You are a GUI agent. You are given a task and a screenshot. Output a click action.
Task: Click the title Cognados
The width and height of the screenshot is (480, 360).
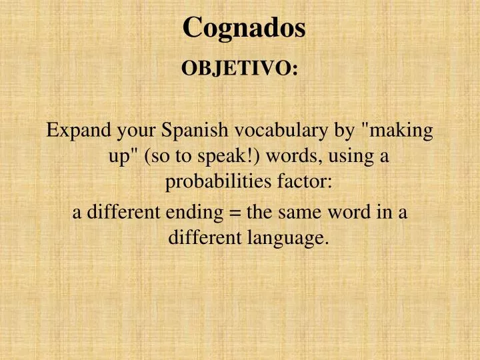tap(244, 28)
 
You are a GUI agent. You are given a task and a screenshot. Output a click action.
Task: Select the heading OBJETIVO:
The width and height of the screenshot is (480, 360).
tap(240, 69)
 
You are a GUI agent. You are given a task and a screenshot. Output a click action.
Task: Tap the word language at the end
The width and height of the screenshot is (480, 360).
tap(291, 237)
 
